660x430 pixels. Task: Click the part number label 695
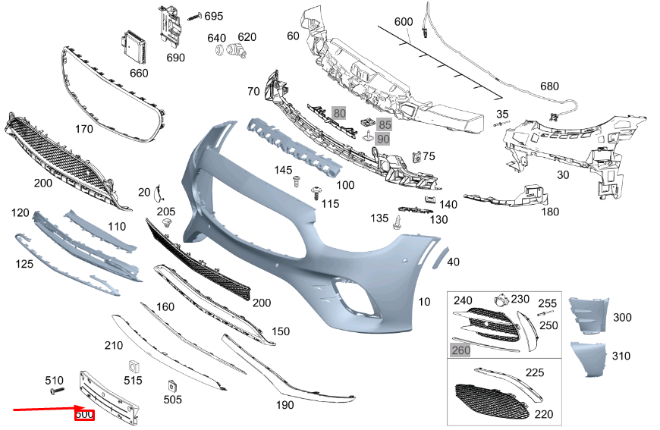[214, 16]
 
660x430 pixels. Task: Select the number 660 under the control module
[139, 74]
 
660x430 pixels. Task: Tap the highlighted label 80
[339, 114]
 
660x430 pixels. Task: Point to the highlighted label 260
[460, 350]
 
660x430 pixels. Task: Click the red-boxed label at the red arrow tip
[84, 415]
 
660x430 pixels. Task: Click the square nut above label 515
[129, 366]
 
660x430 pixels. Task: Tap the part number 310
[621, 356]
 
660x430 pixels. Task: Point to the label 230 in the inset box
[520, 300]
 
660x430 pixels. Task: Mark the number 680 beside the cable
[549, 86]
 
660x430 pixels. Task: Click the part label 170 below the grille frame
[84, 129]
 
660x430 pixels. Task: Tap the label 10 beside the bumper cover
[424, 302]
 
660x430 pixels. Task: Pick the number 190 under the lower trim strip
[284, 406]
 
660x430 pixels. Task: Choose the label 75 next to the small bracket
[429, 156]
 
